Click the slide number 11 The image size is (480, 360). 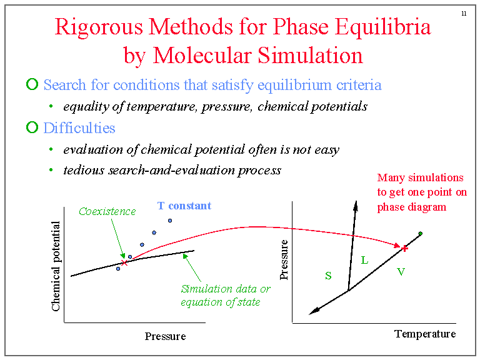click(x=464, y=13)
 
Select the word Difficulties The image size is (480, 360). click(x=79, y=128)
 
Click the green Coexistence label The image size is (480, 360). click(x=107, y=211)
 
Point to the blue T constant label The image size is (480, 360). click(x=184, y=206)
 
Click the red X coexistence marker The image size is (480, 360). click(x=124, y=263)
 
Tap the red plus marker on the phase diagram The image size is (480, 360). click(x=404, y=248)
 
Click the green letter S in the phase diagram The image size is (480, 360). click(x=328, y=275)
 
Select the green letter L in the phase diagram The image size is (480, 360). click(x=364, y=260)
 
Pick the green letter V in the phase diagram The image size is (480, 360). click(x=401, y=272)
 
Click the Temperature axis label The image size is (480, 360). click(x=425, y=334)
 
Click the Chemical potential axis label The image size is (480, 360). click(x=56, y=266)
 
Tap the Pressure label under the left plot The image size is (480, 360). click(x=165, y=336)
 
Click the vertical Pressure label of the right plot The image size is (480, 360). click(x=285, y=259)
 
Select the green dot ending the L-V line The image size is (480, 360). click(x=421, y=234)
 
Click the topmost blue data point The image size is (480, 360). click(x=169, y=221)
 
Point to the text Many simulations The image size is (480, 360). click(x=421, y=178)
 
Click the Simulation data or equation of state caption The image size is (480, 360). click(x=226, y=296)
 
